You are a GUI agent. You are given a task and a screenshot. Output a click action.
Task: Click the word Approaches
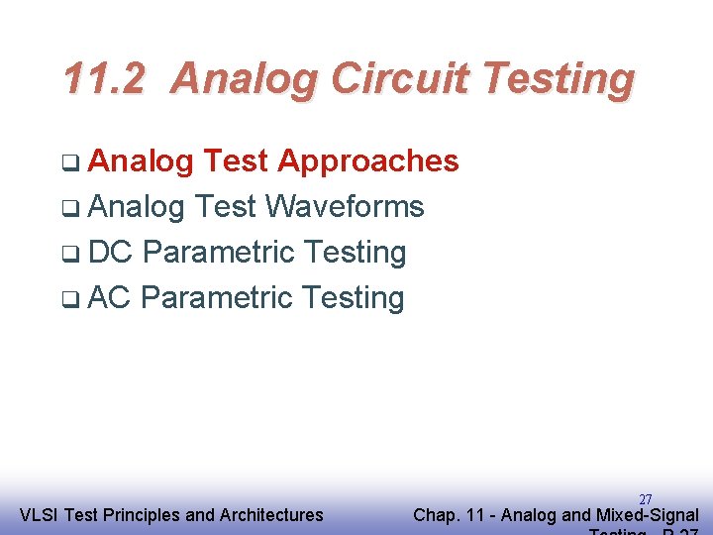click(367, 161)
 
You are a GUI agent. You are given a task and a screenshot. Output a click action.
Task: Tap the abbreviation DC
click(110, 253)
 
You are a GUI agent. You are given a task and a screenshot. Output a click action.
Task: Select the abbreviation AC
click(109, 298)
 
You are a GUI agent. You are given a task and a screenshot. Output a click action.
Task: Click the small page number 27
click(645, 499)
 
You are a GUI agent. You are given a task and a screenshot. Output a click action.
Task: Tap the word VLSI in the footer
click(38, 515)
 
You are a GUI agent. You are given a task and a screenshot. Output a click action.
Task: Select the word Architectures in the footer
click(270, 515)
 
